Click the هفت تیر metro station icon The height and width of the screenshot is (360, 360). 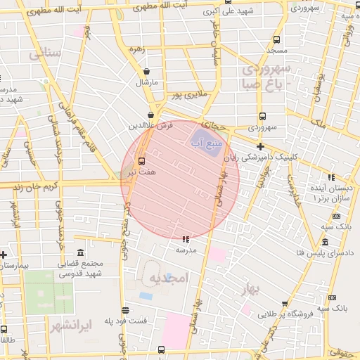[x=142, y=160]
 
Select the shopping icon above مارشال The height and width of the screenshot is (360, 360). [x=146, y=71]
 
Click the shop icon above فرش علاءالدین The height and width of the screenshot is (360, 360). [x=151, y=115]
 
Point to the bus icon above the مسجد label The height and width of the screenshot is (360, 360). [x=276, y=40]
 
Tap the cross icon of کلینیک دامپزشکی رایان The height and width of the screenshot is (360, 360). [x=260, y=147]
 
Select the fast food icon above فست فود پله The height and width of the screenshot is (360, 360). [x=125, y=310]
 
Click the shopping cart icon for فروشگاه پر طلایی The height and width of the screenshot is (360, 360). [x=284, y=304]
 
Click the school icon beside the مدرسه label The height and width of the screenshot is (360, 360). [x=185, y=239]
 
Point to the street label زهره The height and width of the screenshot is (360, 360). [x=136, y=50]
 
